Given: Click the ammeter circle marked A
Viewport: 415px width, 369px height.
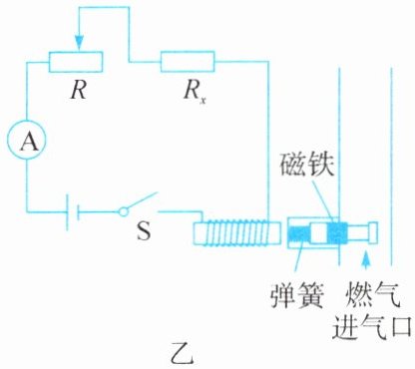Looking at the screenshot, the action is [27, 141].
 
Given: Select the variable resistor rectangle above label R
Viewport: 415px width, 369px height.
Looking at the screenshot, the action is [76, 62].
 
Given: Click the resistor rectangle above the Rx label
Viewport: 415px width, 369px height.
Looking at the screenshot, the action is [188, 62].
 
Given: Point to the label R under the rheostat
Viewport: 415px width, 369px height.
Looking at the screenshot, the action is [79, 90].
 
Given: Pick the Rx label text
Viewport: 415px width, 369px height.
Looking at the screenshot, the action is [195, 91].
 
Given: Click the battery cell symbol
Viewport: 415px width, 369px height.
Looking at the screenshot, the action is [73, 211].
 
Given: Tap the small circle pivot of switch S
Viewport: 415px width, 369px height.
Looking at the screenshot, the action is [124, 211].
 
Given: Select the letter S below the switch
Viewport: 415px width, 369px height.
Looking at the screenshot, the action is [144, 230].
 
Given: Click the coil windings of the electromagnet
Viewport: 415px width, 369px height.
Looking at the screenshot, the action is [237, 233].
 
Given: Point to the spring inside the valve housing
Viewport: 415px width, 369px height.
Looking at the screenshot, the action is [299, 233].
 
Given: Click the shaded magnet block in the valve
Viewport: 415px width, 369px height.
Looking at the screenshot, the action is [337, 233].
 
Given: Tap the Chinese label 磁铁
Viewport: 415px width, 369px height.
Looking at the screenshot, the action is [306, 166].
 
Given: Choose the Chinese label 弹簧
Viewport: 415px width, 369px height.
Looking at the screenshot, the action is [297, 296].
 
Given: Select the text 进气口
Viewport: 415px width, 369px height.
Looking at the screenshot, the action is [372, 326].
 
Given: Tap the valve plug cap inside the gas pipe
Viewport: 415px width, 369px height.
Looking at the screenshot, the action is [373, 232].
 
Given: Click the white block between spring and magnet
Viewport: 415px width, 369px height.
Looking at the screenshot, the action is [318, 233].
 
